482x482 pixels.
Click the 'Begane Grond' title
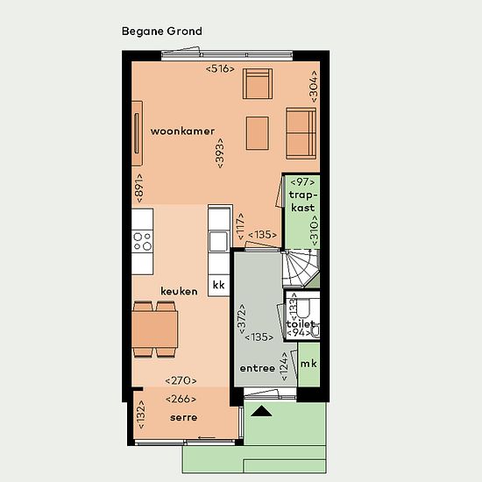[x=162, y=32]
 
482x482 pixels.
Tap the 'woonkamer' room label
[x=182, y=131]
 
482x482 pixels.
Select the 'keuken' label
[x=179, y=291]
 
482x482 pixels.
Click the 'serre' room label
[x=183, y=417]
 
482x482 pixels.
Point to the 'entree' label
[x=258, y=368]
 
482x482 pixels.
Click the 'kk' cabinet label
[x=218, y=285]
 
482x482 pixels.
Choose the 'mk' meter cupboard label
[x=308, y=364]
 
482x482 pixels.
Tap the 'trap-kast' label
[x=303, y=202]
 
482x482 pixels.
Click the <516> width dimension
[x=220, y=68]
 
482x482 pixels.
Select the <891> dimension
[x=139, y=188]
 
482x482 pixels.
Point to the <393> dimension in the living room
[x=220, y=153]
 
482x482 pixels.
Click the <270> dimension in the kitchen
[x=181, y=380]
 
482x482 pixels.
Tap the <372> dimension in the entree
[x=242, y=319]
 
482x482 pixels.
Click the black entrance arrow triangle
[x=261, y=411]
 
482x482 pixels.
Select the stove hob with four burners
[x=143, y=241]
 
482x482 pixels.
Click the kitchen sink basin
[x=218, y=241]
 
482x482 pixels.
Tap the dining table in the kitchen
[x=155, y=330]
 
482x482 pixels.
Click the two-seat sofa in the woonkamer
[x=301, y=133]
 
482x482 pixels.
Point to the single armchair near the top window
[x=258, y=83]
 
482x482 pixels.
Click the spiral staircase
[x=301, y=268]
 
